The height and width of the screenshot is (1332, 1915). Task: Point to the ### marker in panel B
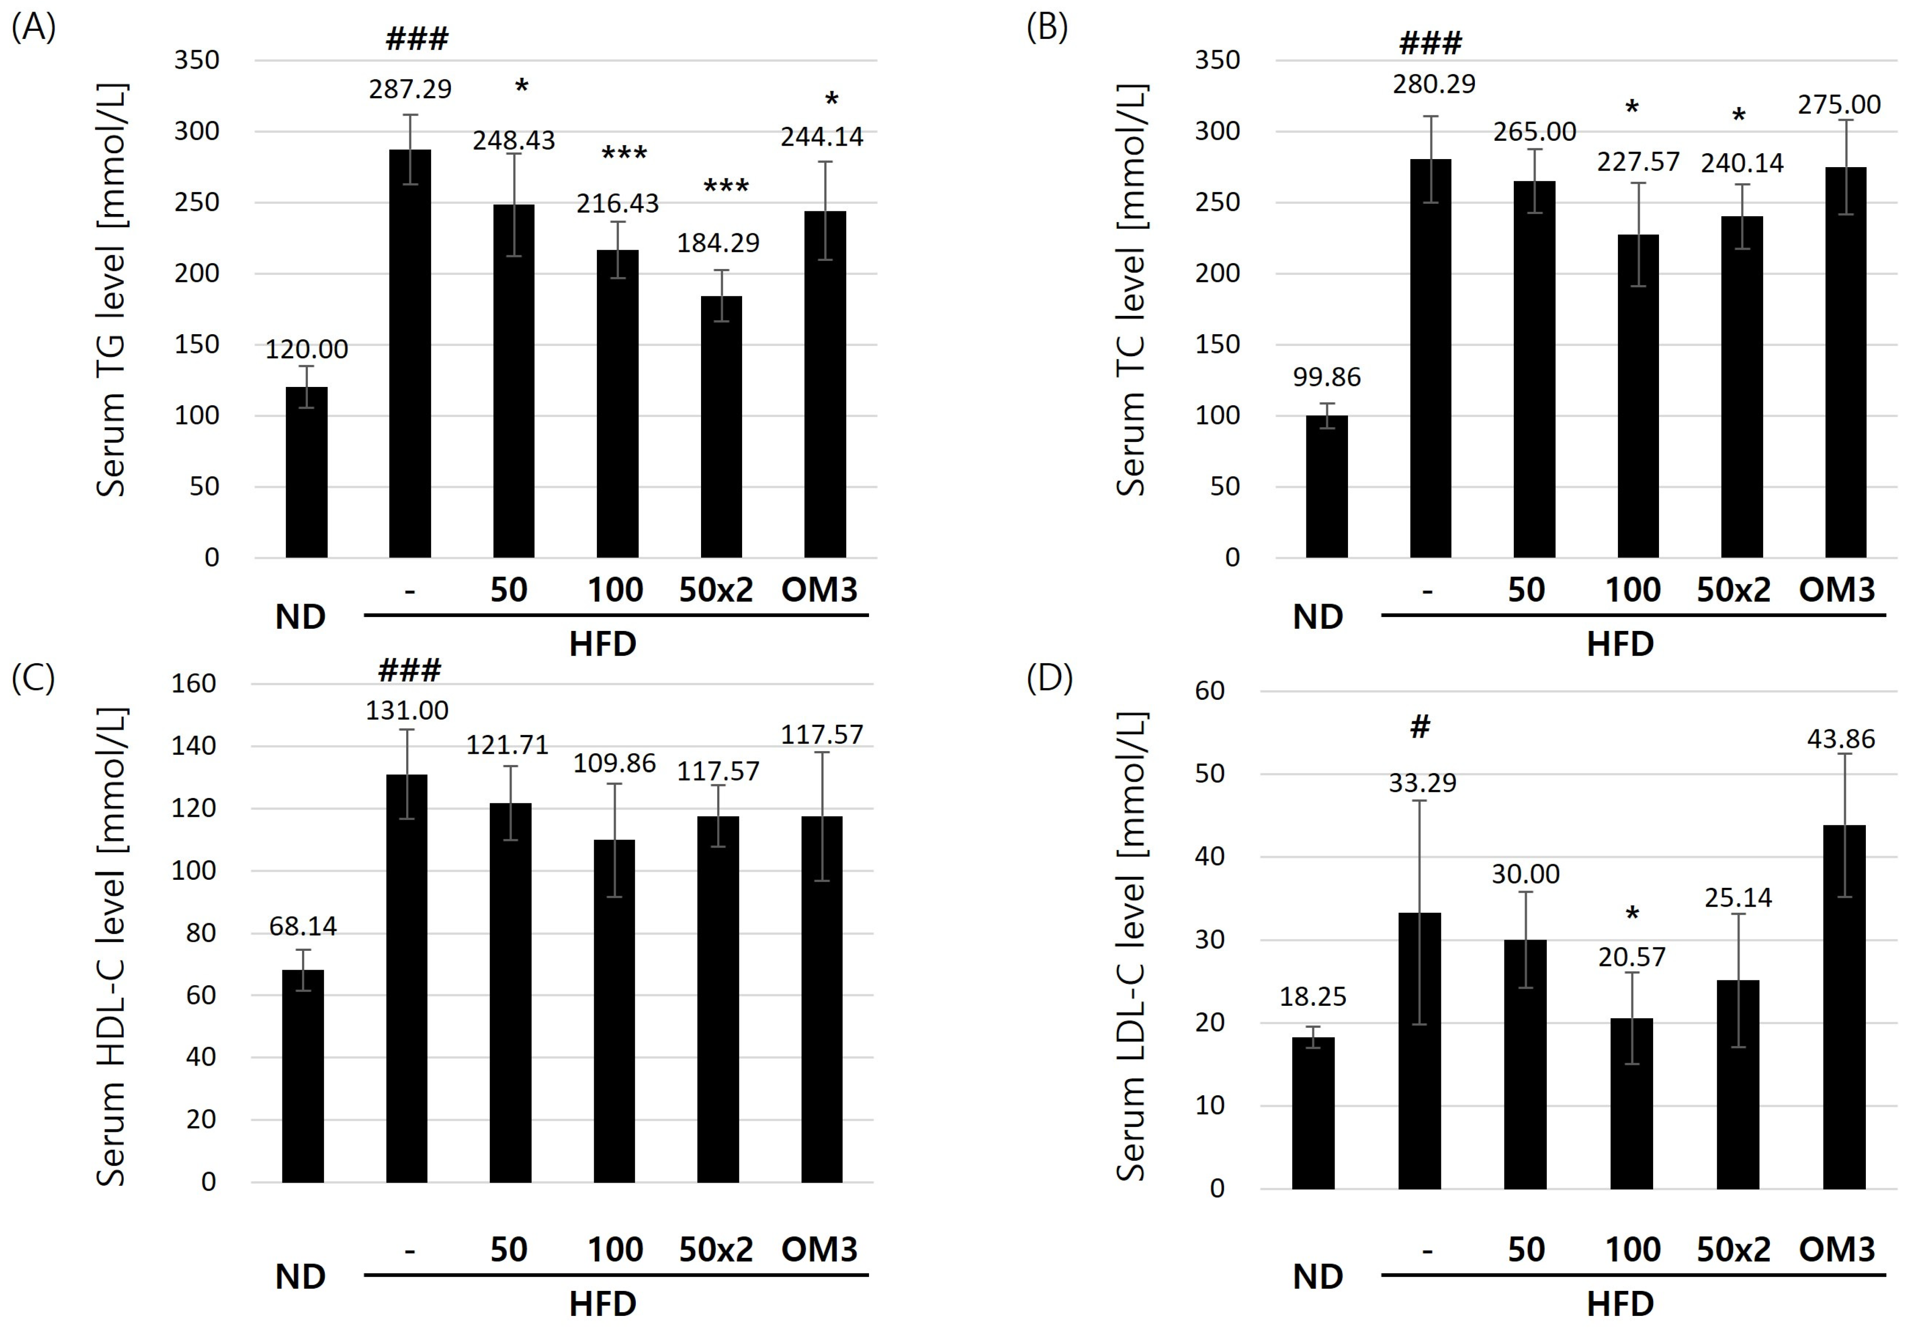tap(1430, 43)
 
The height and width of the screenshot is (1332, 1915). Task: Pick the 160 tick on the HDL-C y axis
tap(193, 684)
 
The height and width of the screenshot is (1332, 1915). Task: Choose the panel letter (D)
tap(1048, 679)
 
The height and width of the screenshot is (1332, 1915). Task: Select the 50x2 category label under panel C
tap(716, 1249)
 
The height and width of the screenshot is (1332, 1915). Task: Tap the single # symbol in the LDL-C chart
tap(1419, 727)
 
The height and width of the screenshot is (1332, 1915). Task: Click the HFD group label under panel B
tap(1619, 644)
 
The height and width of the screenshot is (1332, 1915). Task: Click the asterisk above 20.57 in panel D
tap(1632, 915)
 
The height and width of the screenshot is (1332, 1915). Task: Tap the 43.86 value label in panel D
tap(1841, 739)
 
